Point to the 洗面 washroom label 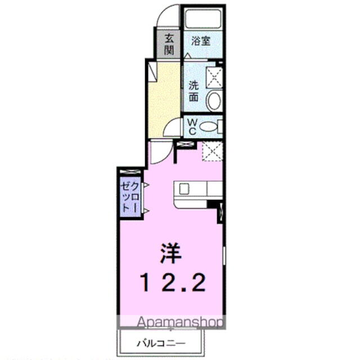pyautogui.click(x=193, y=91)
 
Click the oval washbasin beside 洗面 pyautogui.click(x=214, y=102)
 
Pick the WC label pyautogui.click(x=191, y=127)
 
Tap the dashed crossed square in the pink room pyautogui.click(x=211, y=151)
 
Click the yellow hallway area pyautogui.click(x=163, y=101)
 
